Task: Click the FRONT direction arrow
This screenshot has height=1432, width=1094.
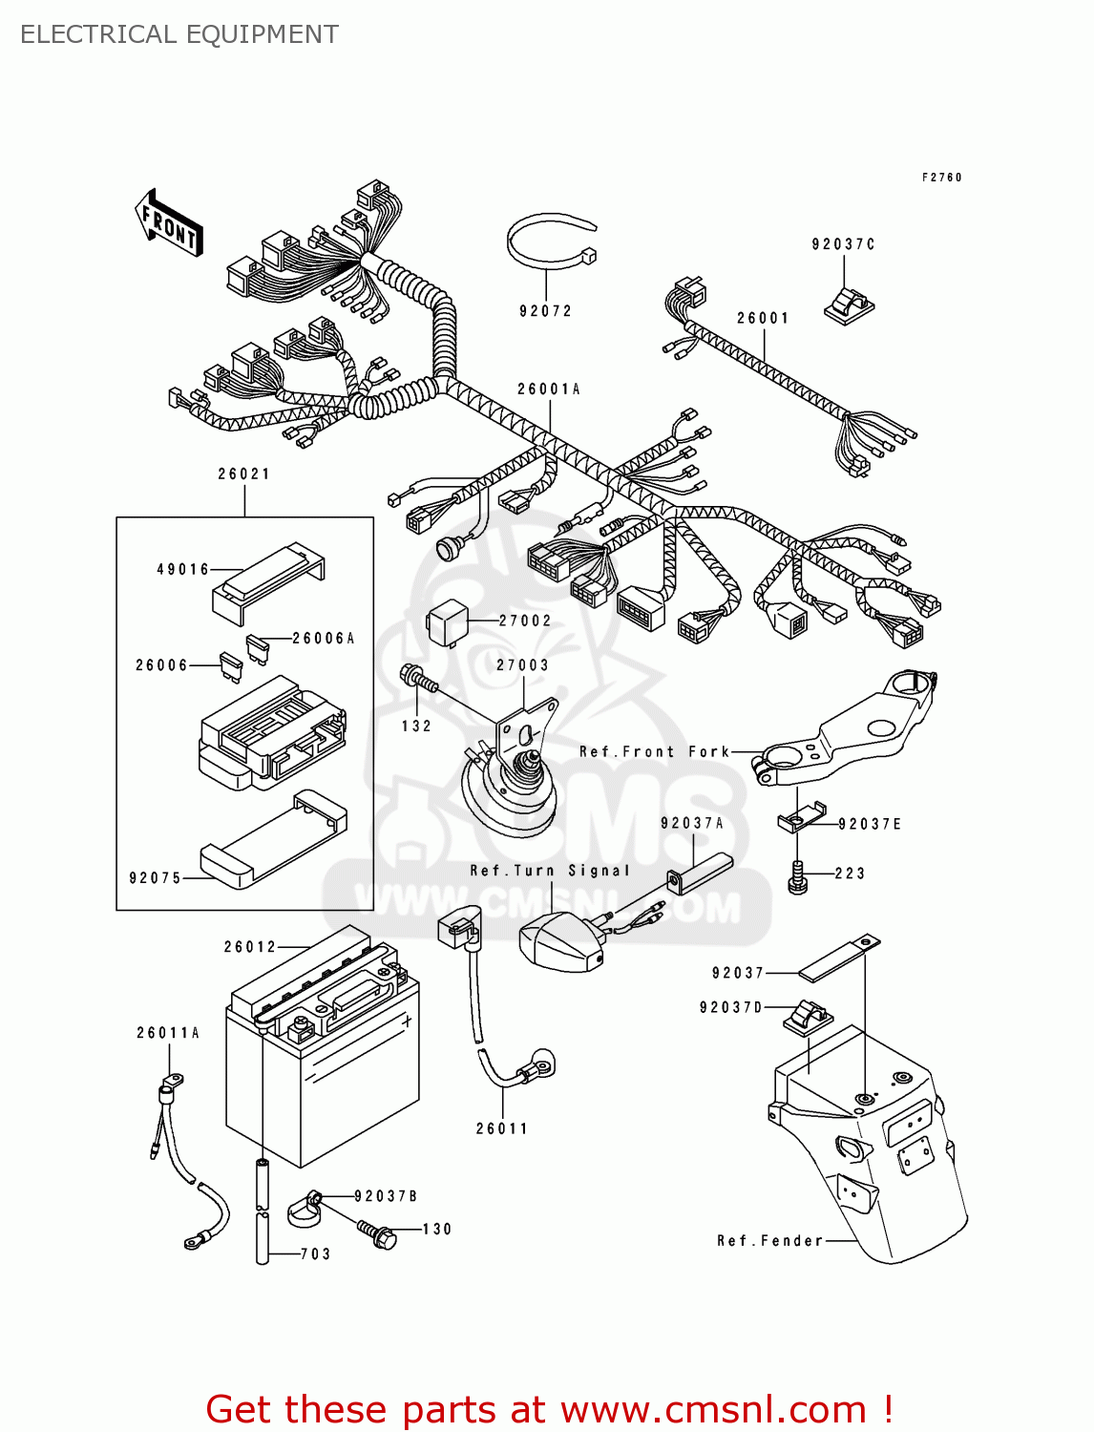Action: click(x=170, y=223)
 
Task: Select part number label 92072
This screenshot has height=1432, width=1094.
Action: click(x=545, y=311)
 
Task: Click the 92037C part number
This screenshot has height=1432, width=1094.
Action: click(x=843, y=244)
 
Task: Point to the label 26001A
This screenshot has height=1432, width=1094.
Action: click(x=549, y=390)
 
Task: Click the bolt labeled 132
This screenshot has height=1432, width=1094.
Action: click(x=418, y=679)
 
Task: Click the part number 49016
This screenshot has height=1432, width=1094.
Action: click(x=182, y=570)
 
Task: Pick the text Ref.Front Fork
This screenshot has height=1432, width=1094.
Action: click(x=654, y=752)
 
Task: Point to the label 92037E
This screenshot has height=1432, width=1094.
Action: click(x=870, y=824)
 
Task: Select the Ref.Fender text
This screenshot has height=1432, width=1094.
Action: click(x=769, y=1241)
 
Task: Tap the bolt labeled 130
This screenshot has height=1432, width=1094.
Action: click(x=378, y=1232)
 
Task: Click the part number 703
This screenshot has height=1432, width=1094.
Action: click(x=315, y=1254)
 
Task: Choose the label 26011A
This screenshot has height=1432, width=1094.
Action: click(x=168, y=1033)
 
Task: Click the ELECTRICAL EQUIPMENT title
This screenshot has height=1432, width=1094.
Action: click(x=179, y=34)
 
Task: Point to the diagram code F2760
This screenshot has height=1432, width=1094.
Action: click(x=941, y=178)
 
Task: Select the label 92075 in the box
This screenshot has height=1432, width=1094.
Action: click(x=155, y=878)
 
